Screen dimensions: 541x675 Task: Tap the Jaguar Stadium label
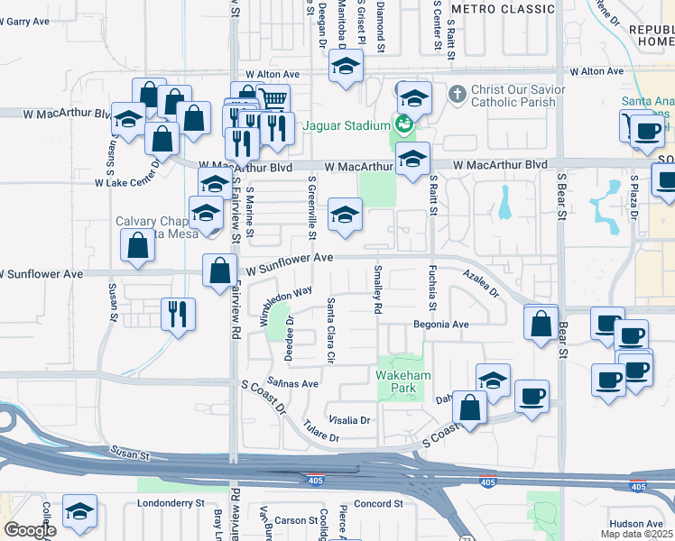click(346, 125)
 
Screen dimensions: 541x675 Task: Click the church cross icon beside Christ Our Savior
click(458, 94)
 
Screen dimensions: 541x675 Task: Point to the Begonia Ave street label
click(441, 324)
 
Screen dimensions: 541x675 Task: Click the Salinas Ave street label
click(292, 383)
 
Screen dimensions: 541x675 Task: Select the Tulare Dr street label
click(320, 431)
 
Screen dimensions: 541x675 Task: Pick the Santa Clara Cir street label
click(331, 331)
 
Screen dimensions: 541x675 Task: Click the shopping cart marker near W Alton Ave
click(273, 99)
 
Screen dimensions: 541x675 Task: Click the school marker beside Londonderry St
click(79, 512)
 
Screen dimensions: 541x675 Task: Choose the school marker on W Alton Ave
click(345, 68)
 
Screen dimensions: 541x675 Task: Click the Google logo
click(30, 530)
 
